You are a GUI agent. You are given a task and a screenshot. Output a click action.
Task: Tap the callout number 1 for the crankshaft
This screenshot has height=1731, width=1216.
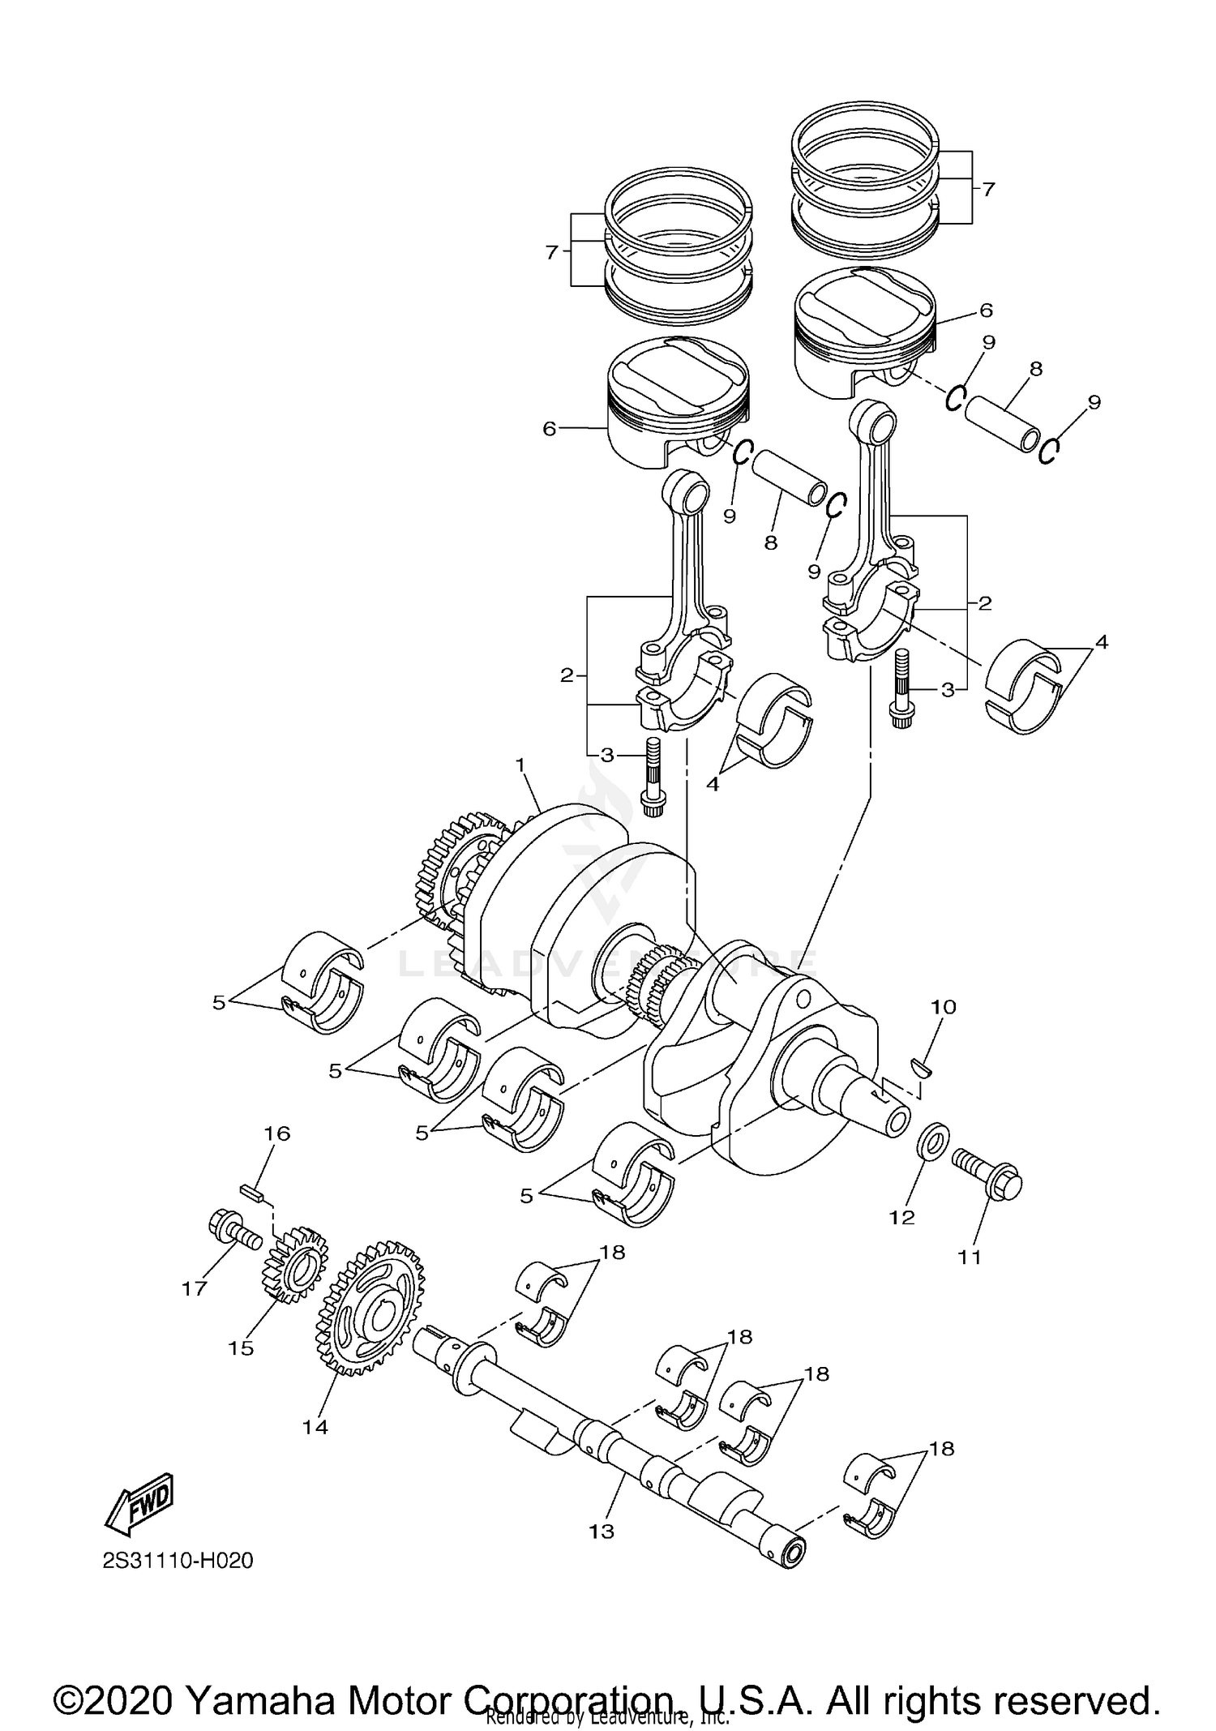[x=520, y=765]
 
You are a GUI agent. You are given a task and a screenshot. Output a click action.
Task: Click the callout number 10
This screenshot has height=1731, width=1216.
[x=943, y=1007]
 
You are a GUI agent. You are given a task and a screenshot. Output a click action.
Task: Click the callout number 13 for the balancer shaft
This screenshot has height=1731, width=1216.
[x=602, y=1532]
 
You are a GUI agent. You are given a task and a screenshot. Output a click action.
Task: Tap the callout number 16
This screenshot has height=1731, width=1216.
[x=277, y=1133]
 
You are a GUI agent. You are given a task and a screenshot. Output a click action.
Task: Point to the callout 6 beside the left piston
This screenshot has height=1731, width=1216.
[x=550, y=429]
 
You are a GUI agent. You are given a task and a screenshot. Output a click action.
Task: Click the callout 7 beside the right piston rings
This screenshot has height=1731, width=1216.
[x=987, y=190]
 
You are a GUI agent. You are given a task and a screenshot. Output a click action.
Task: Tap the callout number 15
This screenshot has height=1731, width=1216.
[x=241, y=1348]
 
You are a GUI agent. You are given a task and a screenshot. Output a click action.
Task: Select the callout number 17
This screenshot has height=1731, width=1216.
[x=195, y=1288]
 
